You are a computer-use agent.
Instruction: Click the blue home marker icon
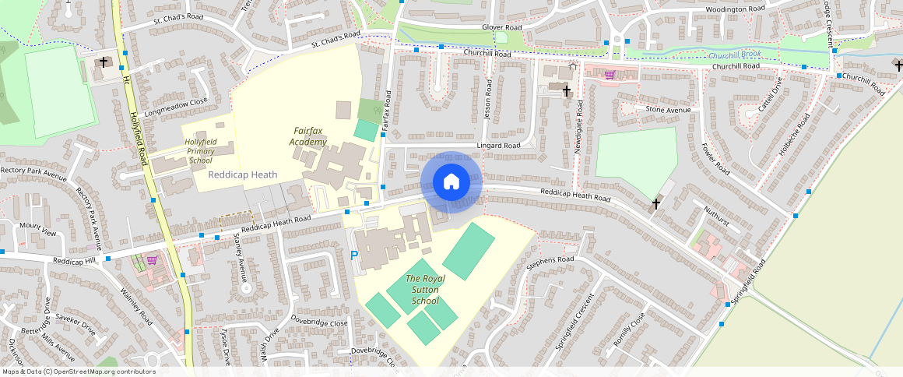(x=451, y=182)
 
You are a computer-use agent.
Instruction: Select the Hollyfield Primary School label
(x=200, y=150)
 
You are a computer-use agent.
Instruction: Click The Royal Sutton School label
(x=425, y=290)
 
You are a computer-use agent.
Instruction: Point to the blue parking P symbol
(x=354, y=255)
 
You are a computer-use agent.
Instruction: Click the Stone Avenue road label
(x=668, y=110)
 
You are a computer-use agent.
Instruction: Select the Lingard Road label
(x=499, y=146)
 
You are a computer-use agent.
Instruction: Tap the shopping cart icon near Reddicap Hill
(x=153, y=260)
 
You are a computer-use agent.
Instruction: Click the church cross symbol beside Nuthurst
(x=656, y=204)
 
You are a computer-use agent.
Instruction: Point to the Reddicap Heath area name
(x=242, y=174)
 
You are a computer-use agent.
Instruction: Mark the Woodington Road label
(x=736, y=9)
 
